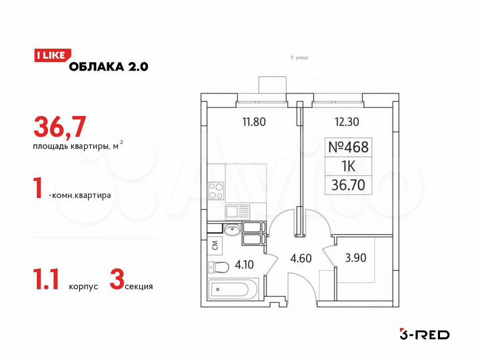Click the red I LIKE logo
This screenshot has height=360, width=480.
pos(49,57)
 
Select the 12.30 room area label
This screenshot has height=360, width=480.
pos(347,122)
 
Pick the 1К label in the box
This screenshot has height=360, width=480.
pos(349,166)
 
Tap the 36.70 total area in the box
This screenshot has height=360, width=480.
pos(349,184)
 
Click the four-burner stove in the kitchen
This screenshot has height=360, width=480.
pos(216,191)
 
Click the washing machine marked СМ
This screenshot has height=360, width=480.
pos(214,244)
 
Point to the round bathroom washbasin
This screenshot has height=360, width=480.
pos(231,231)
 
